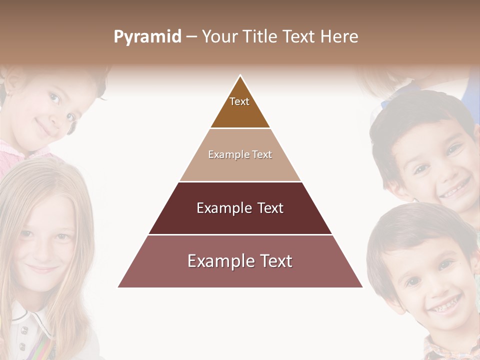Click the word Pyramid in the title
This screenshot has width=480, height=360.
(x=147, y=37)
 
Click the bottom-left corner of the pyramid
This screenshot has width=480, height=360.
(x=119, y=287)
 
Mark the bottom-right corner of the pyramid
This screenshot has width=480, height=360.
(x=362, y=287)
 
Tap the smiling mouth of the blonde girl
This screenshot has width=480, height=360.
(x=42, y=268)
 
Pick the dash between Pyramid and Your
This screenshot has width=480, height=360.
(x=191, y=37)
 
